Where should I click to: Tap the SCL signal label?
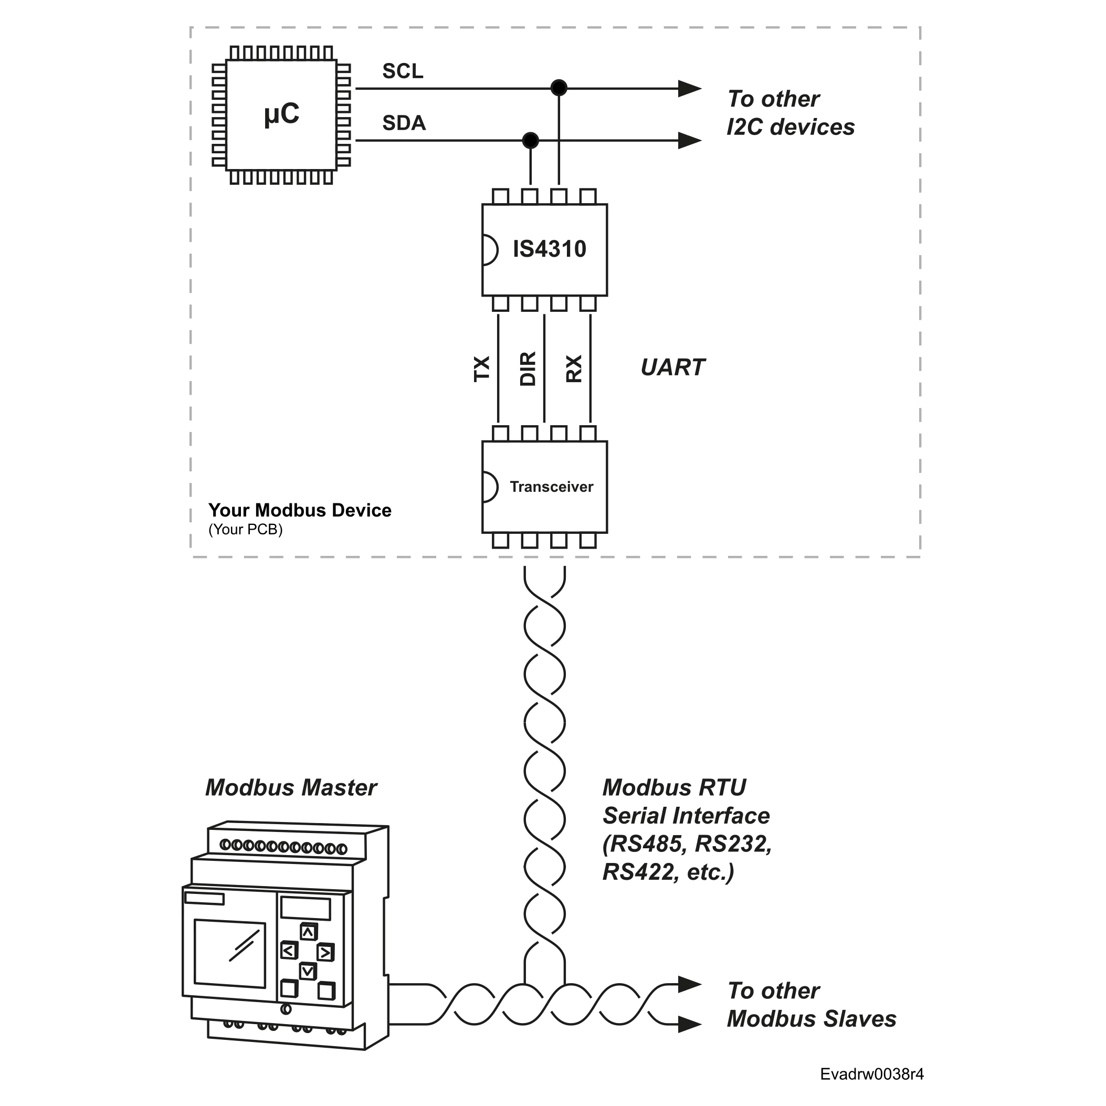click(403, 71)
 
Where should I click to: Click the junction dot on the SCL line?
click(559, 88)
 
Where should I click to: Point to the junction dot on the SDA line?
click(531, 140)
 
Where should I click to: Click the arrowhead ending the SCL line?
click(690, 89)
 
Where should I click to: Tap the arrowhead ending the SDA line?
click(690, 140)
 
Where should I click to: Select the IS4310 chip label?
click(550, 249)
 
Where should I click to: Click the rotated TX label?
click(482, 368)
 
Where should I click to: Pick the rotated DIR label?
click(528, 368)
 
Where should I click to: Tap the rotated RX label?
click(574, 368)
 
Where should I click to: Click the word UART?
click(672, 367)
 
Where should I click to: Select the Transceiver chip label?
click(551, 487)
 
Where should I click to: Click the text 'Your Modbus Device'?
click(300, 510)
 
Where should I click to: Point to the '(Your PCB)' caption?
click(246, 530)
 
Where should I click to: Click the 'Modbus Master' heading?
click(291, 788)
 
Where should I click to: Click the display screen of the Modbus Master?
click(229, 953)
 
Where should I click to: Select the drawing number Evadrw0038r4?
click(872, 1074)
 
